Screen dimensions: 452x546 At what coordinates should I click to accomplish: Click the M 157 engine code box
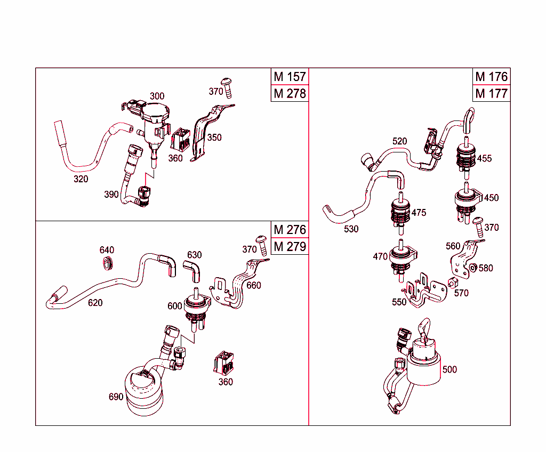(290, 77)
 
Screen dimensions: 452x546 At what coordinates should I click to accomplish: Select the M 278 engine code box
(290, 94)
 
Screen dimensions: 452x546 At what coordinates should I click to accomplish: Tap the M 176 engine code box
(492, 77)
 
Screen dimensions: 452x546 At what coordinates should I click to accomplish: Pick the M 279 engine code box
(290, 247)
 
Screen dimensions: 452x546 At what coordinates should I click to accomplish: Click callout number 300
(157, 96)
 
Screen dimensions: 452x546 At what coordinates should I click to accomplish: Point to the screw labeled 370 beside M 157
(228, 85)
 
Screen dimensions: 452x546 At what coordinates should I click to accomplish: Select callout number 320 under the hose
(81, 179)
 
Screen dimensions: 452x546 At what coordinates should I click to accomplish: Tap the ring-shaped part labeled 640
(108, 262)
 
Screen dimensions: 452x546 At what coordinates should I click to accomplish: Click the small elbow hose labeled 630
(193, 270)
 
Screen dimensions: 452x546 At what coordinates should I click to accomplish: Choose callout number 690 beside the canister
(116, 397)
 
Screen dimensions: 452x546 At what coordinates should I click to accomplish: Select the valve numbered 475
(400, 211)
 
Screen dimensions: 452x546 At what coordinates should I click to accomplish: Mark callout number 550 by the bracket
(399, 302)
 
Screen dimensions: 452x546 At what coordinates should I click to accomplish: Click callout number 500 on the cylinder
(449, 369)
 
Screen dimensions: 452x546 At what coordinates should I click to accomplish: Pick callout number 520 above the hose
(399, 141)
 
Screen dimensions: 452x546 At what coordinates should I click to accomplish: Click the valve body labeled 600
(196, 306)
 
